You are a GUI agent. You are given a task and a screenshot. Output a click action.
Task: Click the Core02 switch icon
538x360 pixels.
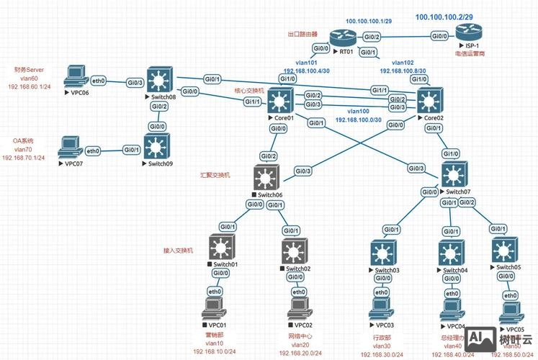coord(431,98)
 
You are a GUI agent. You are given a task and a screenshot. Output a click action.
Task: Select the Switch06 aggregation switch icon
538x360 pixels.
coord(268,178)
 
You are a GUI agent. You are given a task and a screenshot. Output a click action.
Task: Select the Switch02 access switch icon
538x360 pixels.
coord(295,250)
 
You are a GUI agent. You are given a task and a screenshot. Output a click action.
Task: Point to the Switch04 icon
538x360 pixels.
coord(452,252)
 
